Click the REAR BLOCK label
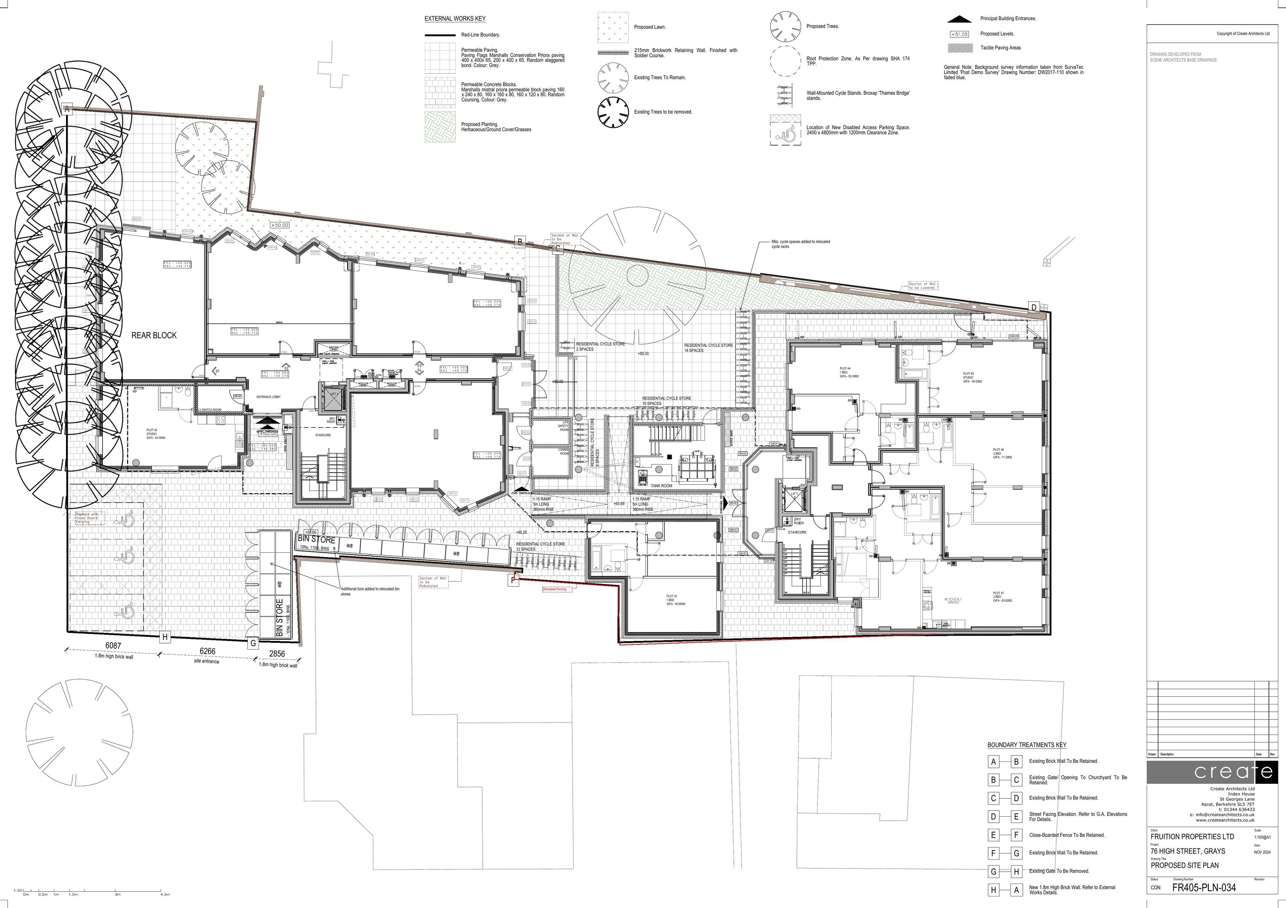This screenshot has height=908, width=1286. tap(154, 336)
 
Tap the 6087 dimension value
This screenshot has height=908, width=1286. tap(113, 645)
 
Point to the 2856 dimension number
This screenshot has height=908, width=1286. tap(276, 653)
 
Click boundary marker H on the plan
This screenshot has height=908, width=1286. tap(165, 637)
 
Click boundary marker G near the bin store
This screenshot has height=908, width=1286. tap(253, 643)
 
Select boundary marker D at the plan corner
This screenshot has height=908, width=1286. tap(1034, 307)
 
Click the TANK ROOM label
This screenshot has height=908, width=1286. tap(661, 486)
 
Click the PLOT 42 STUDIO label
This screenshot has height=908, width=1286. tap(152, 434)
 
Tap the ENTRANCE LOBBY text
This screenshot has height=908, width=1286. tap(268, 397)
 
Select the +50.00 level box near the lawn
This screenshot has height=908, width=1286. tap(279, 225)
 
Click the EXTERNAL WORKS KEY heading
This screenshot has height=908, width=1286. tap(454, 19)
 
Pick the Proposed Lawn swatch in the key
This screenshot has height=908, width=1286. tap(613, 27)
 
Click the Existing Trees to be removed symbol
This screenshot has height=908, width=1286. tap(613, 112)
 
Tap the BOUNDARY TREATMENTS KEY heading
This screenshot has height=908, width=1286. tap(1027, 745)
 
